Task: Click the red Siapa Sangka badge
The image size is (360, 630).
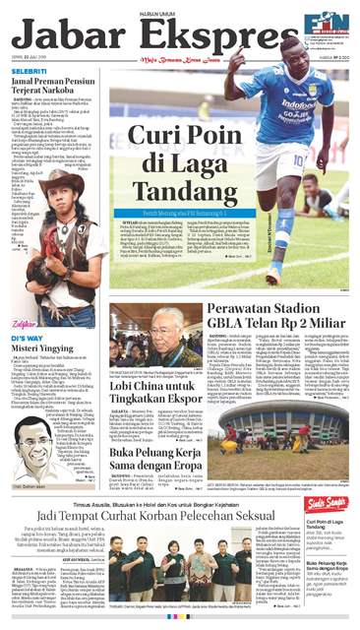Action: [332, 504]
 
